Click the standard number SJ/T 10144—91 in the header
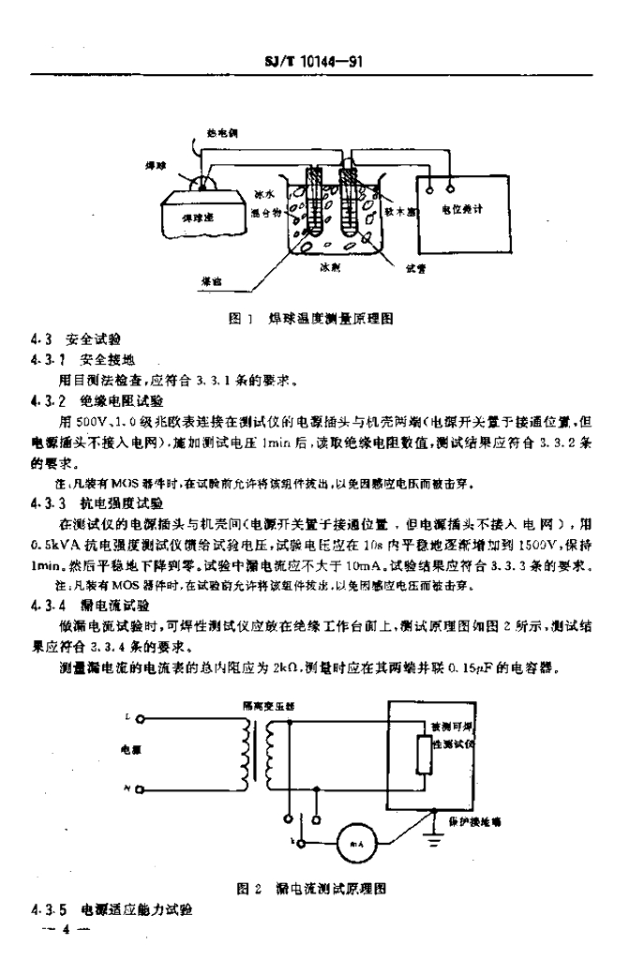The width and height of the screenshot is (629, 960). coord(315,61)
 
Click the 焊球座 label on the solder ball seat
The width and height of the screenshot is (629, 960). coord(198,217)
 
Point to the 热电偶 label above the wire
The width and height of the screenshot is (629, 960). coord(222,134)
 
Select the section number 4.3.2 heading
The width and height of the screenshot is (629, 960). coord(44,399)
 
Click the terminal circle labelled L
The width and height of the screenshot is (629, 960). coord(140,720)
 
